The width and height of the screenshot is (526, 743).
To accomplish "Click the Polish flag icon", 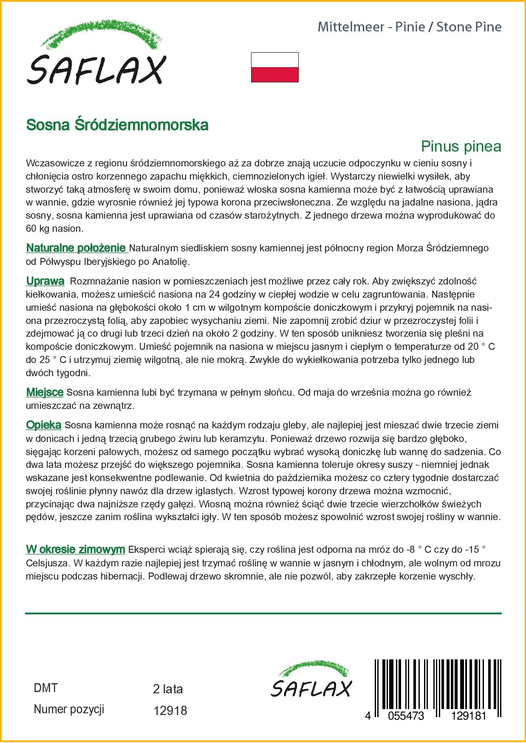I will pyautogui.click(x=274, y=67).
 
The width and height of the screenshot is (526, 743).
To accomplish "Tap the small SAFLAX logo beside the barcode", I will pyautogui.click(x=311, y=678).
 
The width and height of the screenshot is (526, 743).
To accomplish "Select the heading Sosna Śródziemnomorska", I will pyautogui.click(x=117, y=125).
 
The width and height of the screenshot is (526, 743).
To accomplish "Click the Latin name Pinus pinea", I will pyautogui.click(x=461, y=146).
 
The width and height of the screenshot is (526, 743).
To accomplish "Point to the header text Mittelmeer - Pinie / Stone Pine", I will pyautogui.click(x=410, y=27).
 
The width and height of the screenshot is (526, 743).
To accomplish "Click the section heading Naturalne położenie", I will pyautogui.click(x=76, y=248).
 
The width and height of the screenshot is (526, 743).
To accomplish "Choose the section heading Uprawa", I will pyautogui.click(x=45, y=281).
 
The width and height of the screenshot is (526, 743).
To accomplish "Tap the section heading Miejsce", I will pyautogui.click(x=45, y=392).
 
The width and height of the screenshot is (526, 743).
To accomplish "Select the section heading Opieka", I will pyautogui.click(x=44, y=425).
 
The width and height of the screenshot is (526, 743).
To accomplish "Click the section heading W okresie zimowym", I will pyautogui.click(x=76, y=550).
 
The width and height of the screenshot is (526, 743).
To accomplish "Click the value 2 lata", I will pyautogui.click(x=167, y=689).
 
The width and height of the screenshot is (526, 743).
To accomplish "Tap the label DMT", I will pyautogui.click(x=45, y=688).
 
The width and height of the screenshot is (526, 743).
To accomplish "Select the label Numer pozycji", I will pyautogui.click(x=69, y=709).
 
